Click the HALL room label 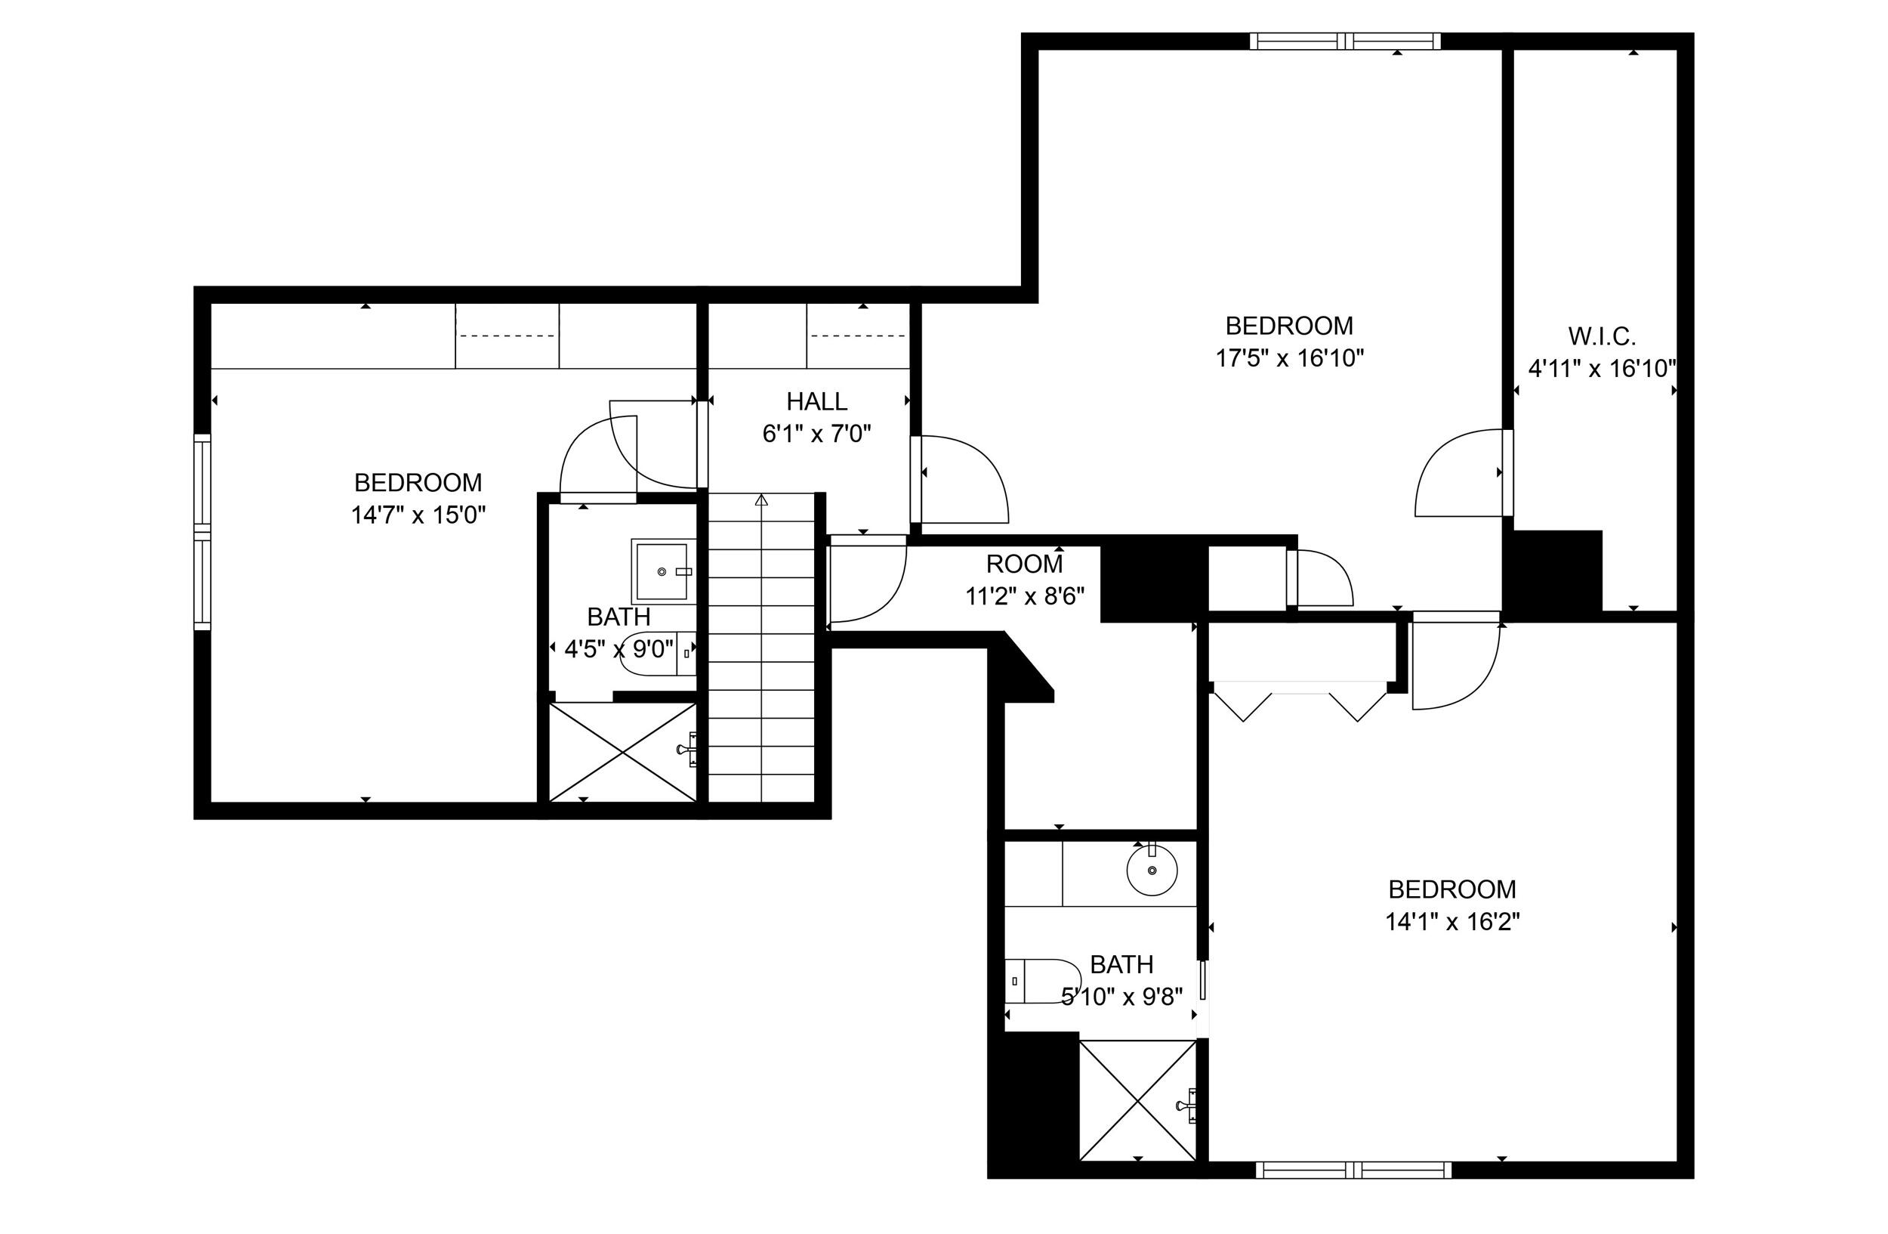tap(816, 401)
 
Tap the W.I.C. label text tap(1602, 336)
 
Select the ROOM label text tap(1024, 564)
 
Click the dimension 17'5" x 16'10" tap(1290, 358)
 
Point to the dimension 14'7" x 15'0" tap(418, 515)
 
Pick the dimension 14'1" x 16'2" tap(1452, 921)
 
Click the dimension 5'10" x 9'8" tap(1121, 996)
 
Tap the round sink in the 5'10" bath tap(1152, 871)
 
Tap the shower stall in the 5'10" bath tap(1138, 1100)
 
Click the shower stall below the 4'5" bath tap(624, 753)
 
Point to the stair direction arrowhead tap(761, 500)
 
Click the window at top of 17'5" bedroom tap(1346, 42)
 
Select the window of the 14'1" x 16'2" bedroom tap(1354, 1169)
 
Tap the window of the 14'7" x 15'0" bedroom tap(203, 532)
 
